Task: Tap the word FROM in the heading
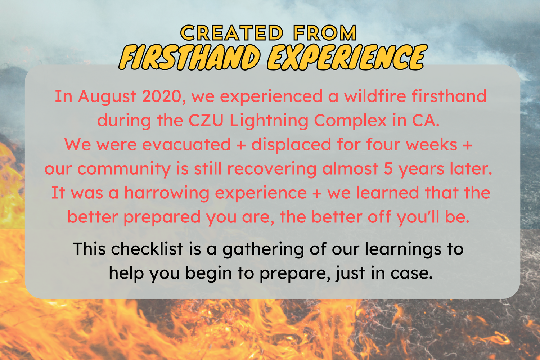click(325, 33)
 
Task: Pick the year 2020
click(164, 96)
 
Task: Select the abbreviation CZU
click(206, 121)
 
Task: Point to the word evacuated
click(186, 145)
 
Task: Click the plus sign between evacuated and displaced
click(241, 145)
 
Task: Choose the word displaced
click(291, 145)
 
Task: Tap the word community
click(124, 169)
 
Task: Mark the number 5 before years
click(388, 169)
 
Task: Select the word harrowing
click(167, 193)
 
